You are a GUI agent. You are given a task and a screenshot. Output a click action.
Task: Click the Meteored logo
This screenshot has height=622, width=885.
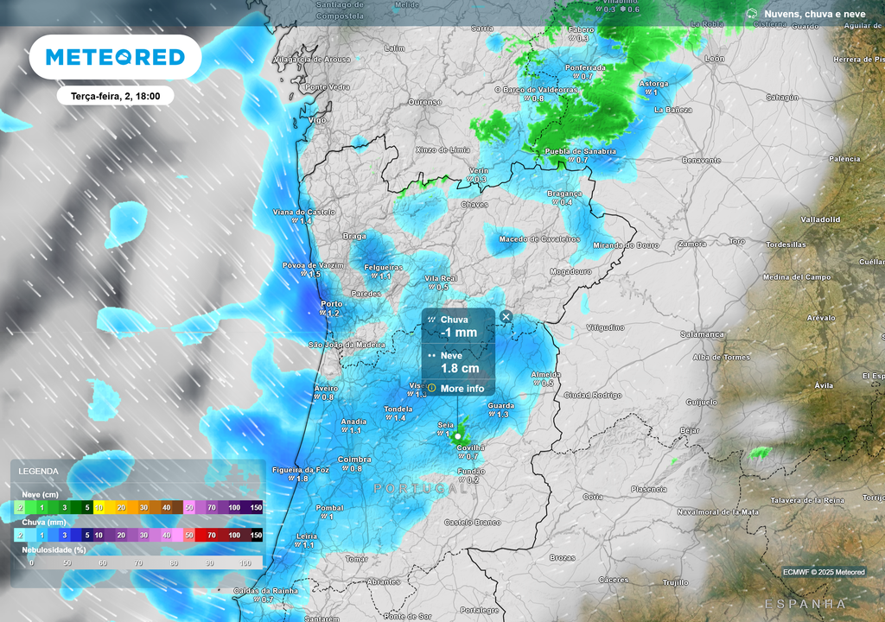(115, 57)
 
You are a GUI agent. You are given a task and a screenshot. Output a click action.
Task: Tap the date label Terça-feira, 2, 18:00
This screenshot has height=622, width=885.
(116, 96)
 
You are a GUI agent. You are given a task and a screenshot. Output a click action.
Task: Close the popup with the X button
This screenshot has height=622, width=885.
(506, 317)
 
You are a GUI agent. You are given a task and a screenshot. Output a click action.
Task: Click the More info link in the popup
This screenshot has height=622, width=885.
(462, 389)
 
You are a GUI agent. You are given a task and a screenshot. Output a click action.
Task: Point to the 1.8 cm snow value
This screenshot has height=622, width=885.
(459, 369)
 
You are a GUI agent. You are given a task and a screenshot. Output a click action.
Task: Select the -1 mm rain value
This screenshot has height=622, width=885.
(458, 333)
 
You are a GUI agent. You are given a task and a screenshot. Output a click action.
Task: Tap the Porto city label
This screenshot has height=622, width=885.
(331, 304)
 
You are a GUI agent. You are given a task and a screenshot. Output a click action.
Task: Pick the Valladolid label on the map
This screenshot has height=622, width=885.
(820, 219)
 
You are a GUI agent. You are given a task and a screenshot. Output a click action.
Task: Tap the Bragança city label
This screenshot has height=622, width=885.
(565, 194)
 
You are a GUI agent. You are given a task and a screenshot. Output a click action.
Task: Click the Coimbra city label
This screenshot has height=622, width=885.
(354, 460)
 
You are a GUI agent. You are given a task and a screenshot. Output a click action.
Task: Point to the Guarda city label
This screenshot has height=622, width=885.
(501, 405)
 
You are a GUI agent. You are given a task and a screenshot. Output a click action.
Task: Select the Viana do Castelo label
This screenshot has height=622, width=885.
(303, 212)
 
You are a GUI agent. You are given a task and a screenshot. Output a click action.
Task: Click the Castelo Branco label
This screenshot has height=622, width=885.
(473, 523)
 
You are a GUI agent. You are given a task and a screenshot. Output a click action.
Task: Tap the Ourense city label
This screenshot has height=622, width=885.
(424, 102)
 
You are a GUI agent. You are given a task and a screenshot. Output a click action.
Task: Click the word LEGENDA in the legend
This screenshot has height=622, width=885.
(39, 472)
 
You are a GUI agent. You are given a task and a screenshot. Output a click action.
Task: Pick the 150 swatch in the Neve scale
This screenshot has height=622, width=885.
(256, 508)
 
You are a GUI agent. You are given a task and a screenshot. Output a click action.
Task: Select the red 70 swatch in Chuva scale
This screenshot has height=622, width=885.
(211, 536)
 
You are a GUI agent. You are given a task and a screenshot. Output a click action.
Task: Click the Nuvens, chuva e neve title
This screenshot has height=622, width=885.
(814, 14)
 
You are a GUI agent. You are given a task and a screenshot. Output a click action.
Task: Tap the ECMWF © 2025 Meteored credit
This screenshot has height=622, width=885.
(824, 572)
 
